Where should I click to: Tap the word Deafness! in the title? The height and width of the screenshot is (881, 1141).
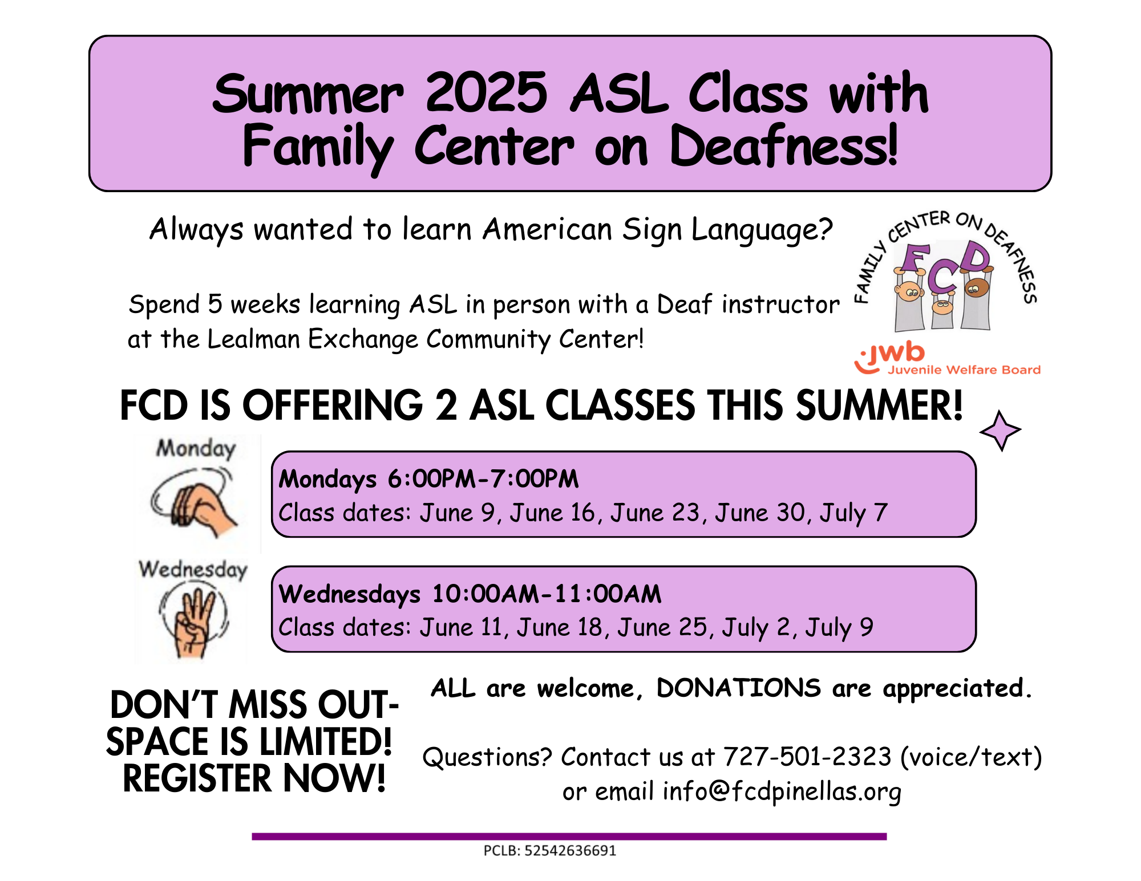tap(784, 147)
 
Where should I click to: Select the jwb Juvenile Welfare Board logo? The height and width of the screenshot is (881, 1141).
tap(947, 359)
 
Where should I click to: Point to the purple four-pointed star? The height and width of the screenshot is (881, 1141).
tap(1001, 431)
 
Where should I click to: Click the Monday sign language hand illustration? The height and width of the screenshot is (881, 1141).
tap(194, 502)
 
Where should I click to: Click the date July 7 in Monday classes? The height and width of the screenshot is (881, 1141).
tap(853, 513)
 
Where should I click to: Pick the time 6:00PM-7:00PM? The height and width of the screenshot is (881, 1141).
tap(483, 479)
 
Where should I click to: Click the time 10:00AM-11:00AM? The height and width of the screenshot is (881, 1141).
tap(547, 594)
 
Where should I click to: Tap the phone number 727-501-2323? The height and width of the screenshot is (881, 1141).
tap(807, 757)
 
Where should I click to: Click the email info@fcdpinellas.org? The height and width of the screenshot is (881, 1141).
tap(782, 791)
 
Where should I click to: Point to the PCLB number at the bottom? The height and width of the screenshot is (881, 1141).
tap(550, 851)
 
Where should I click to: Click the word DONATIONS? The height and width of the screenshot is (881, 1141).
tap(738, 688)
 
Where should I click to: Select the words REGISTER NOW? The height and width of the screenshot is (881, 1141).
tap(254, 779)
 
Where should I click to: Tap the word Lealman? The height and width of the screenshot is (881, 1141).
tap(253, 339)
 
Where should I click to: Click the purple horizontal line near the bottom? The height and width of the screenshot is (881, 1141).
tap(569, 837)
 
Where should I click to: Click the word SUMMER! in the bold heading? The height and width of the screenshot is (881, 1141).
tap(879, 406)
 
